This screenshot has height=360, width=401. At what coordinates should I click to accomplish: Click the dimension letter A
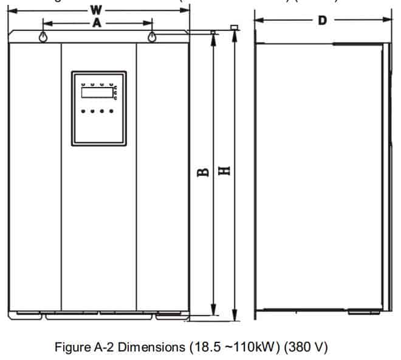tap(97, 23)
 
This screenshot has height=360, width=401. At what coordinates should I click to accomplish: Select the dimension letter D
tap(323, 20)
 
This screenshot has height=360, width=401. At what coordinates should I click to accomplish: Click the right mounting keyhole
tap(151, 37)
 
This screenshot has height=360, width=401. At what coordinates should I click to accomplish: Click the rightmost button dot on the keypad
tap(111, 111)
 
